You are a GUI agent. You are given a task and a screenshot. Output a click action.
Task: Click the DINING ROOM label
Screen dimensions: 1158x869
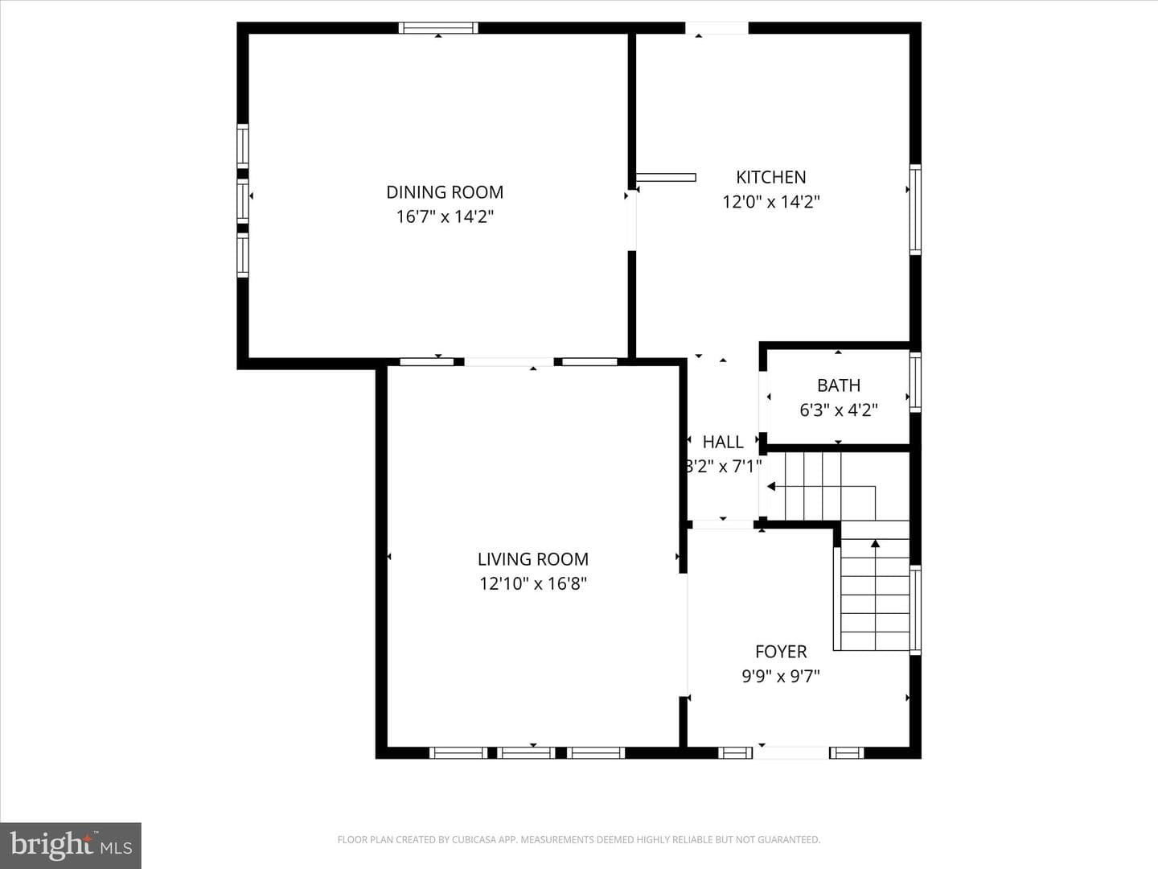coord(445,192)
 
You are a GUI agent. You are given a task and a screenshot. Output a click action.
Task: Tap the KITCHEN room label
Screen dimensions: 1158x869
coord(770,177)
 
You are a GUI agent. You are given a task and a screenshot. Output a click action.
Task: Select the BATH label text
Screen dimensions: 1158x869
coord(838,385)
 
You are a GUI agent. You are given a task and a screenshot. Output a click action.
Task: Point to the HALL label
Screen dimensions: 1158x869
coord(723,442)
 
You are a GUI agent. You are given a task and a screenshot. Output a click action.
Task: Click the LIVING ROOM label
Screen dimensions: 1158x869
coord(533,558)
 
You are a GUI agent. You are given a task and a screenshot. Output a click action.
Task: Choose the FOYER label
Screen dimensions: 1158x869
coord(781,652)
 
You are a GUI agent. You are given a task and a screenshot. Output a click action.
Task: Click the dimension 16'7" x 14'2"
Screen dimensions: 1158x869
coord(445,216)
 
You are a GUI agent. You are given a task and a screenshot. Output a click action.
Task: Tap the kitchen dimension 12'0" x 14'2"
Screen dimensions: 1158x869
coord(770,201)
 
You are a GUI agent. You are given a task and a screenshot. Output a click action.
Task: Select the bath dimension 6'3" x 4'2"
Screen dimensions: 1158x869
coord(838,410)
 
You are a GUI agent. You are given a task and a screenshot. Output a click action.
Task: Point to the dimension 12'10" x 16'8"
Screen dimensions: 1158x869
coord(533,583)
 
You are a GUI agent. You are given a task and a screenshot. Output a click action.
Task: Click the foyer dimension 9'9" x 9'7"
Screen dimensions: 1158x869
coord(781,676)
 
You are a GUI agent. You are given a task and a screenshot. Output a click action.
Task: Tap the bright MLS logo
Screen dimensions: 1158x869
coord(71,846)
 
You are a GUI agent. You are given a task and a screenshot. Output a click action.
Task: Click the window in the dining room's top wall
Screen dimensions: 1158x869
coord(438,28)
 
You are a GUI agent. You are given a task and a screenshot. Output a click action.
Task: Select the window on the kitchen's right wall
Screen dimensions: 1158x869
coord(915,209)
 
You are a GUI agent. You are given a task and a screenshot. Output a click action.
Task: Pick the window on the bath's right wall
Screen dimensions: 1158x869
coord(915,382)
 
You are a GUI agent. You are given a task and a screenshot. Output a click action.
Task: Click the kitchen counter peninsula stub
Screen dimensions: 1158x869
coord(666,177)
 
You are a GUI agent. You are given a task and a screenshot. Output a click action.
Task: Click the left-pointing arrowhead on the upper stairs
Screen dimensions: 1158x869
coord(771,487)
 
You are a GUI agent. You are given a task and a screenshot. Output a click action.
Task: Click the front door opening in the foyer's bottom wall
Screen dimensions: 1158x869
coord(790,753)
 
